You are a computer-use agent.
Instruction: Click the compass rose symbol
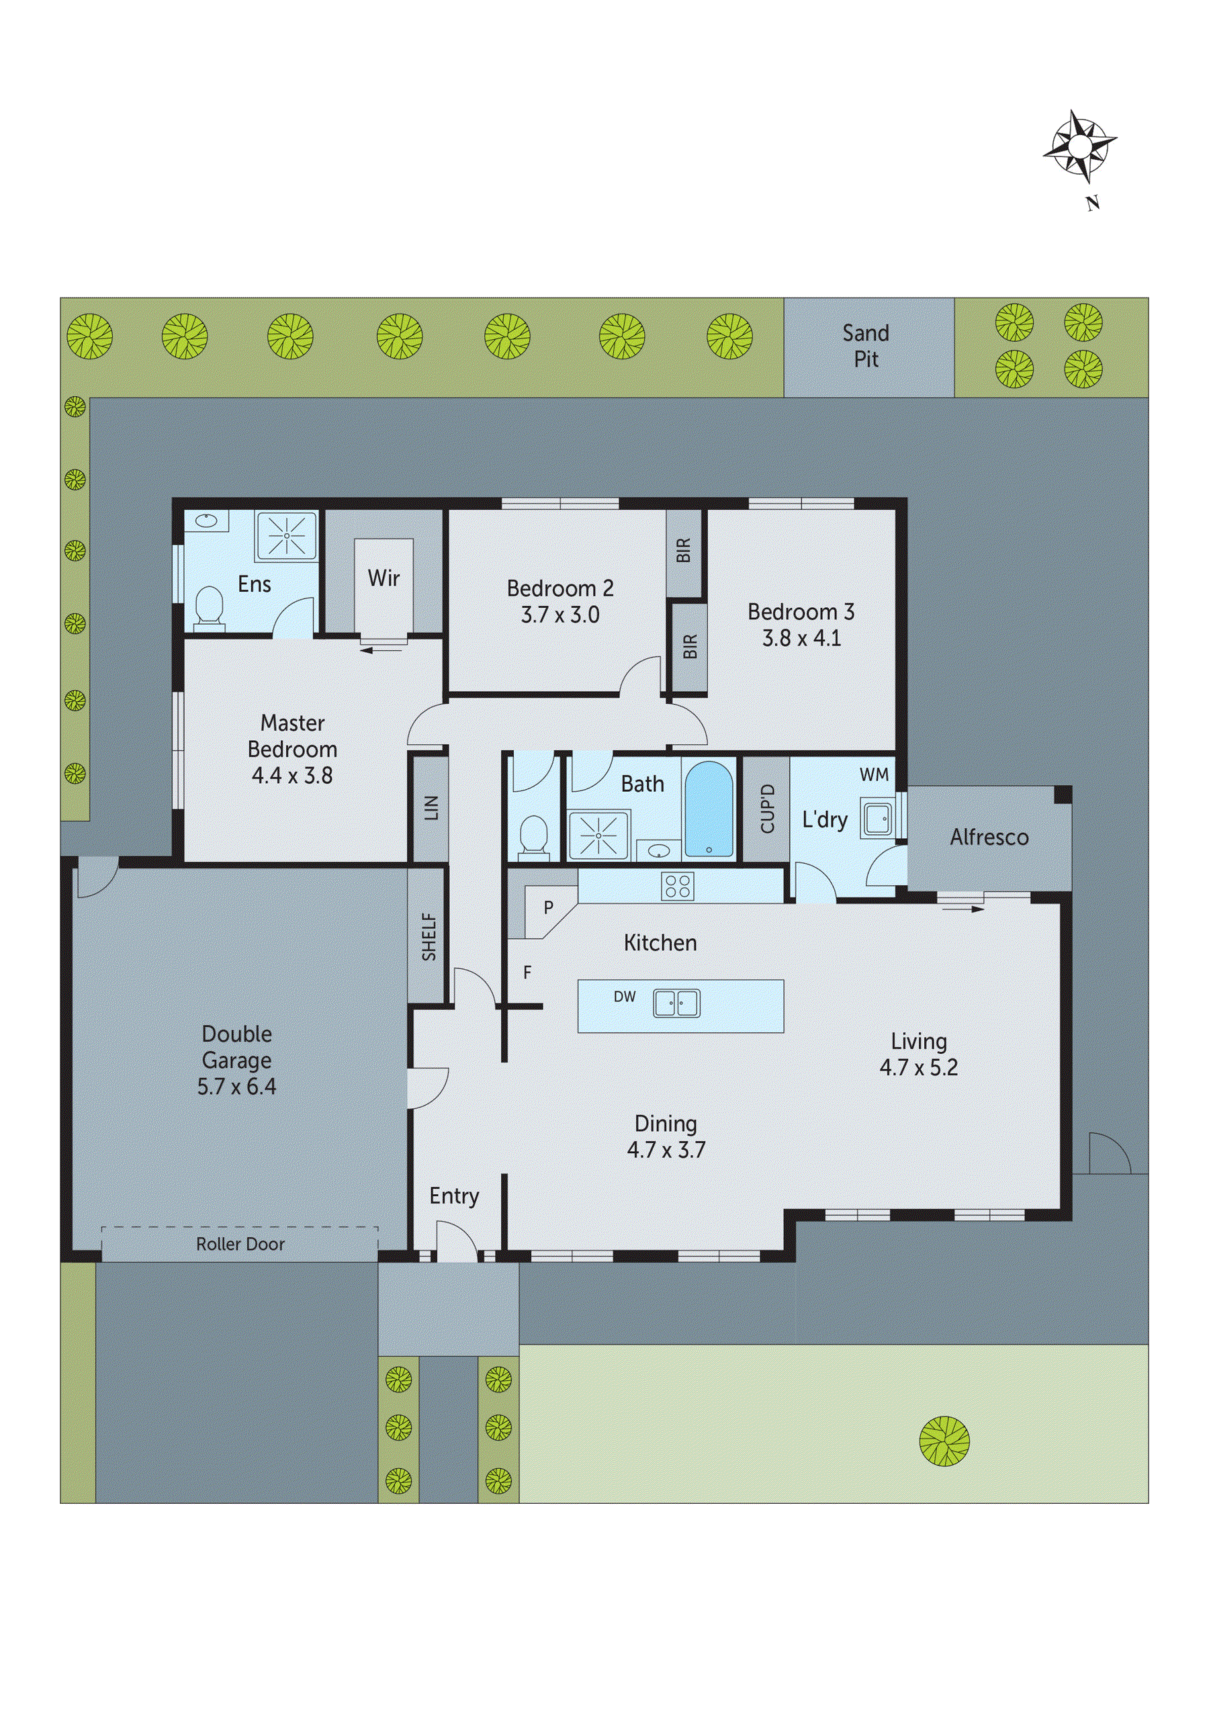1079,146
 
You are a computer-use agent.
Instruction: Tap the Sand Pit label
866,347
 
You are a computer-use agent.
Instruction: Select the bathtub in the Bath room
709,809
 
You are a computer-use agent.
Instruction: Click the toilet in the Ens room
210,606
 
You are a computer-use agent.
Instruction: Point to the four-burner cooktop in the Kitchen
677,885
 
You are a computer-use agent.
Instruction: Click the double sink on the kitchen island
676,1003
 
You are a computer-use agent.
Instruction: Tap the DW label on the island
624,997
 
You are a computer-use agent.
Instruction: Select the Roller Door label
240,1244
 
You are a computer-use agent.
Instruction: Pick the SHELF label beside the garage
429,937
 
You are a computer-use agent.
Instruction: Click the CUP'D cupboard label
767,809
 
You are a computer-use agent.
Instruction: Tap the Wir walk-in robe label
384,578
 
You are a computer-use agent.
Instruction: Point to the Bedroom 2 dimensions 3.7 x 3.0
559,615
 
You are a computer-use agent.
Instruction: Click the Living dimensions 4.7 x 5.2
918,1067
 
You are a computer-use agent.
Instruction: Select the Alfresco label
989,837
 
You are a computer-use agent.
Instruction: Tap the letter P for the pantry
548,907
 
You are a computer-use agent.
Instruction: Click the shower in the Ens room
286,535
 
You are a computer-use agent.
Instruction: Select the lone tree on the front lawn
944,1441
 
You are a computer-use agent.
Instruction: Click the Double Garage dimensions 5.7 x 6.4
236,1087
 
